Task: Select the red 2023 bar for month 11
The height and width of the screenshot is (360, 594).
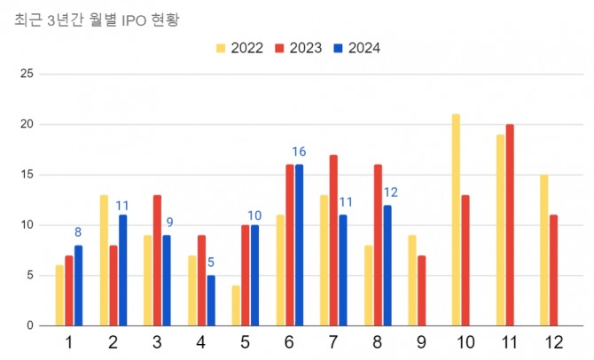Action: pyautogui.click(x=509, y=225)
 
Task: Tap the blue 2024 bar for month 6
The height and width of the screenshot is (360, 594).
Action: pyautogui.click(x=299, y=245)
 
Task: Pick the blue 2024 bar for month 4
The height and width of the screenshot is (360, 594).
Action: pyautogui.click(x=210, y=301)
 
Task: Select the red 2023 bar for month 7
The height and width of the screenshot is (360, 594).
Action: pyautogui.click(x=332, y=240)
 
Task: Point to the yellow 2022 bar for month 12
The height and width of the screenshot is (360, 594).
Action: pyautogui.click(x=543, y=250)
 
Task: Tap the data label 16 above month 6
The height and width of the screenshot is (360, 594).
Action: pyautogui.click(x=299, y=153)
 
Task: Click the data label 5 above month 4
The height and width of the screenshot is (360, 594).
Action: pyautogui.click(x=210, y=262)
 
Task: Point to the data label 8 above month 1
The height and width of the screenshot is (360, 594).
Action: pyautogui.click(x=78, y=232)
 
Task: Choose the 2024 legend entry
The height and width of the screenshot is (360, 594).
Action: pyautogui.click(x=364, y=48)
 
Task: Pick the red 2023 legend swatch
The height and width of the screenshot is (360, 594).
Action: pyautogui.click(x=280, y=48)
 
